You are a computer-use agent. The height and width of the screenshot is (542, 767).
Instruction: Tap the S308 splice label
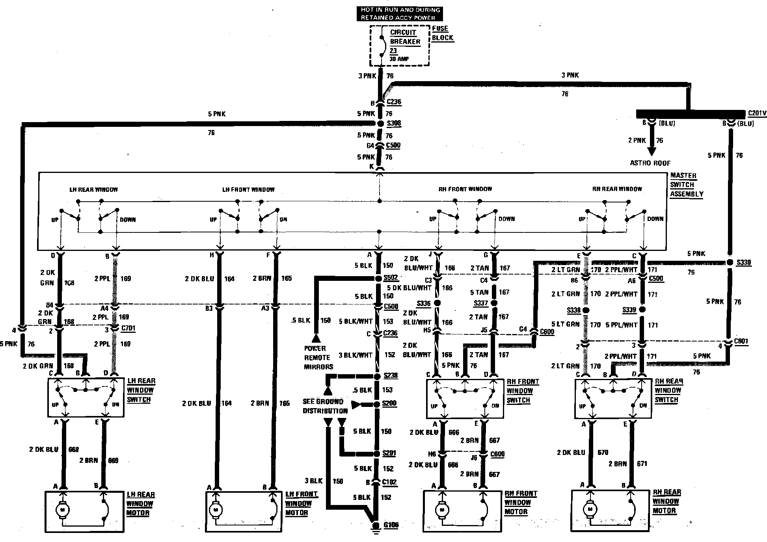[x=393, y=123]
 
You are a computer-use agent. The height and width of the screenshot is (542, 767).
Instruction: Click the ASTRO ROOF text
[x=650, y=163]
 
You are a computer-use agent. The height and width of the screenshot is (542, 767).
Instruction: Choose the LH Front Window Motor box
[x=244, y=511]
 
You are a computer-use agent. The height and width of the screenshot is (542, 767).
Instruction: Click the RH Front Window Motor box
[x=463, y=510]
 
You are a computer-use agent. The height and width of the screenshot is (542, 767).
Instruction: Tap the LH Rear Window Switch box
[x=86, y=398]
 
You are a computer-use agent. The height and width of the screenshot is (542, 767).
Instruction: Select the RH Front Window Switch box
[x=465, y=399]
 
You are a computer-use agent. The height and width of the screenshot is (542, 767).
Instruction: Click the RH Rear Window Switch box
[x=613, y=399]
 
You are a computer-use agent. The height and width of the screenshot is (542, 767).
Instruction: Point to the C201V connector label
[x=757, y=113]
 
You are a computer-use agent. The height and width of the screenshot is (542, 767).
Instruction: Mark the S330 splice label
[x=743, y=262]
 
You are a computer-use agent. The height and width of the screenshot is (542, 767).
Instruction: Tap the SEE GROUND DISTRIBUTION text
[x=325, y=406]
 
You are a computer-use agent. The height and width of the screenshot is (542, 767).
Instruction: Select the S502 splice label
[x=390, y=278]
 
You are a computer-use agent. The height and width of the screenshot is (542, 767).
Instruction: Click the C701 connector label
[x=128, y=328]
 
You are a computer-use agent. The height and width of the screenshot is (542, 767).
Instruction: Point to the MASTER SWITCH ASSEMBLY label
[x=686, y=185]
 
